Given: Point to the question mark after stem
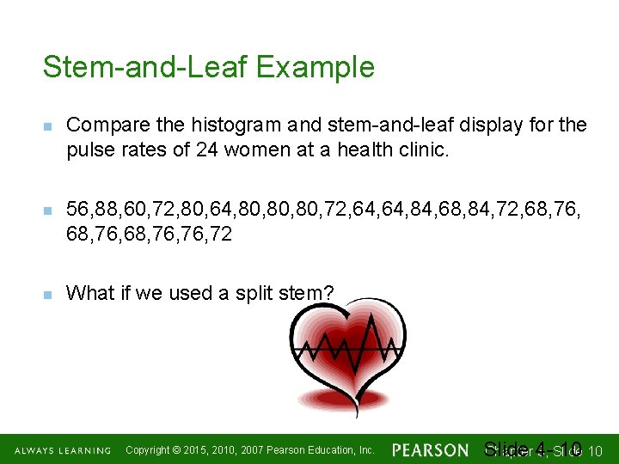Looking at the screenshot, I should click(x=328, y=293).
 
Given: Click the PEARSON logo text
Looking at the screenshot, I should click(x=430, y=450).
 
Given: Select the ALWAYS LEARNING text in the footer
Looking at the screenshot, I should click(x=62, y=450).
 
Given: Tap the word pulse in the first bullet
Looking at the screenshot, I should click(x=89, y=150).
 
